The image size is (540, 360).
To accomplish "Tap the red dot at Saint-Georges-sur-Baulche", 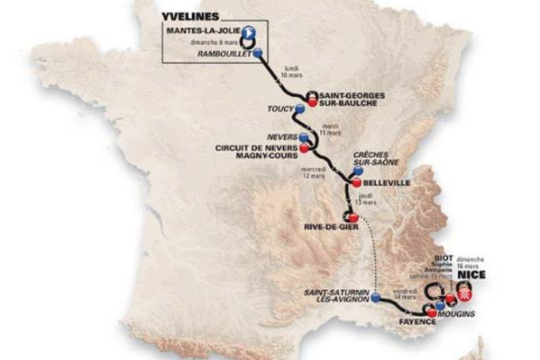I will (312, 101).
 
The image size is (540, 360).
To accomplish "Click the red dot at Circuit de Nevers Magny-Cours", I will (304, 148).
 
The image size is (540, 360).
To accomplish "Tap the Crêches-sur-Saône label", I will (373, 163).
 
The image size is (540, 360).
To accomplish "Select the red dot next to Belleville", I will (355, 183).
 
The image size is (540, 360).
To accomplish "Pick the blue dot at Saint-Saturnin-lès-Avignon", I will (376, 298).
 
